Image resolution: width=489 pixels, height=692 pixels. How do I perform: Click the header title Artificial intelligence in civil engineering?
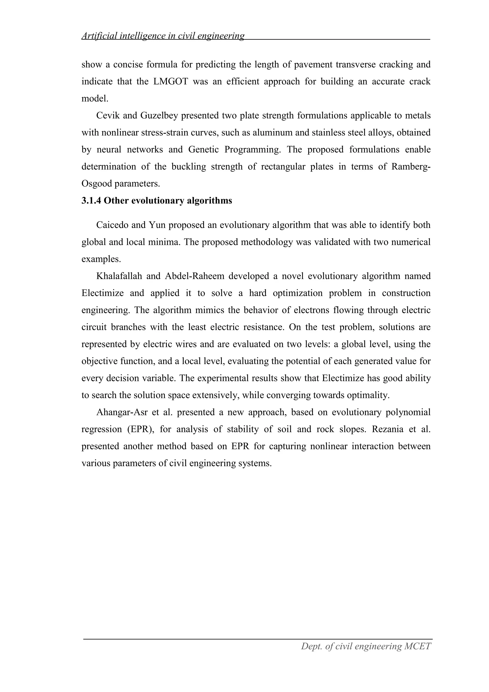point(163,36)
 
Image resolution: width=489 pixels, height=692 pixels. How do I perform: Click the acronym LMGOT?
point(170,82)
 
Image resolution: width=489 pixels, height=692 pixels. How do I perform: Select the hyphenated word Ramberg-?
point(411,167)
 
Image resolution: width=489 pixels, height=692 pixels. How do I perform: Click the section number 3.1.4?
point(91,201)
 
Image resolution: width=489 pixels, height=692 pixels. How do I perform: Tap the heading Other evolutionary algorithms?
point(168,201)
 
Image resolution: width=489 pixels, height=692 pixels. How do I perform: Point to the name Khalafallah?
point(119,276)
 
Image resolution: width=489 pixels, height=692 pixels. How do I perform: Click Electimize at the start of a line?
point(102,293)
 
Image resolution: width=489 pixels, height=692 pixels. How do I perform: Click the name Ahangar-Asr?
point(122,412)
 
